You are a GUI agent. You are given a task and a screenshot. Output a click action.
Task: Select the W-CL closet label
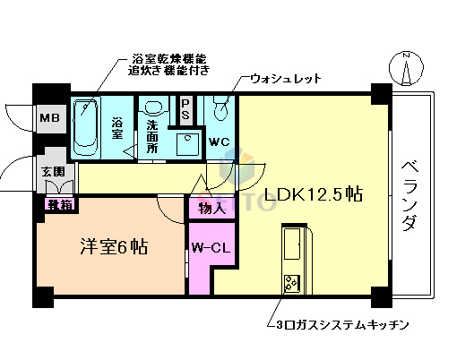[211, 248]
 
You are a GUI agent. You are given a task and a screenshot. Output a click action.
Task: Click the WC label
[220, 141]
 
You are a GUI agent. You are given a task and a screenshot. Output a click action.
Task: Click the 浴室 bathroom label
[117, 127]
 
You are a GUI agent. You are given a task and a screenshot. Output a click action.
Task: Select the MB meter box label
[49, 116]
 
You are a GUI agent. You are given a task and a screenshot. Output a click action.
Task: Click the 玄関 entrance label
[52, 170]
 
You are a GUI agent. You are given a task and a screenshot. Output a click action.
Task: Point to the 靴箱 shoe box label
[60, 204]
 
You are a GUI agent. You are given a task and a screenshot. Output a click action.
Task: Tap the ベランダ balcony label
[408, 194]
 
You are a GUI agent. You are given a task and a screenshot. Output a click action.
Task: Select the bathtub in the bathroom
[86, 127]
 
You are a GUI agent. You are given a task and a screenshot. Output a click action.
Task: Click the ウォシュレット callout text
[285, 79]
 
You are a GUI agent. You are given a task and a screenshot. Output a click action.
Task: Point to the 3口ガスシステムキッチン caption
[342, 322]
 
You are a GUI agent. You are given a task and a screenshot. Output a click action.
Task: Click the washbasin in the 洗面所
[188, 144]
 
